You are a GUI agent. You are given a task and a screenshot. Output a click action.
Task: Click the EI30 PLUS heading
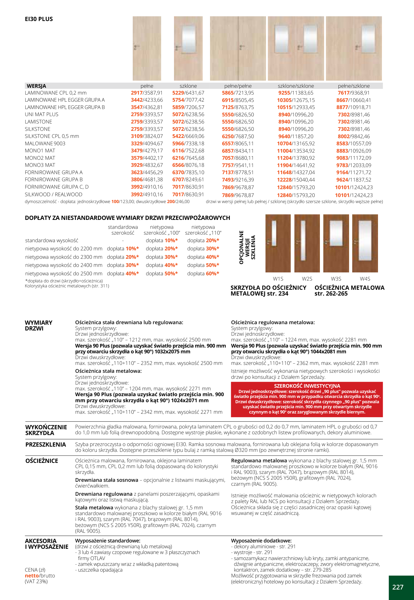[39, 19]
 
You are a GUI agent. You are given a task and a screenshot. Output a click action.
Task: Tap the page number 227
[397, 587]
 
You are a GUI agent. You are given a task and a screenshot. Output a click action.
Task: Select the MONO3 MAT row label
[40, 165]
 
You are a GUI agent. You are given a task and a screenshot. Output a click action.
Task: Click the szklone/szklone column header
[296, 86]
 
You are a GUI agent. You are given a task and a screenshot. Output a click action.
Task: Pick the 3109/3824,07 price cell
[147, 136]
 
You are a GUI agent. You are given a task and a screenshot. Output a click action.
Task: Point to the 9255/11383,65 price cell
[296, 93]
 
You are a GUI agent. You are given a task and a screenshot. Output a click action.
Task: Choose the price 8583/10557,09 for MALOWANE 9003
[354, 143]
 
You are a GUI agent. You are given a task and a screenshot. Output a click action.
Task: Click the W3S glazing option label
[336, 279]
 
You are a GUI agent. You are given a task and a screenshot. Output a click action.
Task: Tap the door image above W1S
[278, 243]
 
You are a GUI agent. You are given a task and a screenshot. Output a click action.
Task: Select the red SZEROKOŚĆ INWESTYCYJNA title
[307, 386]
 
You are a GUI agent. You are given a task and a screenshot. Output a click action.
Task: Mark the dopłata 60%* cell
[203, 273]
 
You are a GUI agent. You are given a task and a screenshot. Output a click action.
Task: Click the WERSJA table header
[36, 86]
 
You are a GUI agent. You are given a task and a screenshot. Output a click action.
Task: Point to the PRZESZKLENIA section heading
[46, 444]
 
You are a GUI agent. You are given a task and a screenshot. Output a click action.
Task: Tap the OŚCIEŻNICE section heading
[42, 461]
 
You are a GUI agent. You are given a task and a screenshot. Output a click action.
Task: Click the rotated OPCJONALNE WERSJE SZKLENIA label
[247, 247]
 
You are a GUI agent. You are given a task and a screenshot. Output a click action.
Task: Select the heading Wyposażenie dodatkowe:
[261, 541]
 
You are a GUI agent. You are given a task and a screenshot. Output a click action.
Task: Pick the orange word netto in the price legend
[32, 576]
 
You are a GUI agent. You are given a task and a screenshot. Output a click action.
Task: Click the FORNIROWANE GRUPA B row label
[54, 180]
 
